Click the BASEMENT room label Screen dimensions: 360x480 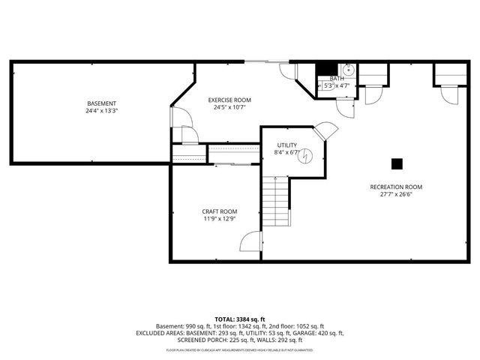(x=102, y=103)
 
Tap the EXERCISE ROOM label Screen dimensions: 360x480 (x=229, y=100)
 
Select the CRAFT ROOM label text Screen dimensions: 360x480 (x=220, y=211)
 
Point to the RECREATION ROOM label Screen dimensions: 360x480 (x=396, y=187)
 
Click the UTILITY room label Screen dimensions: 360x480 (x=286, y=145)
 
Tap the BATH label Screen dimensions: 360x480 (x=337, y=79)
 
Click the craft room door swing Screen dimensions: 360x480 (x=250, y=241)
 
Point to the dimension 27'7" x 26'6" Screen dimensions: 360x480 (x=396, y=194)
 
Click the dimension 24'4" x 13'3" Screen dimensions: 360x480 (x=102, y=110)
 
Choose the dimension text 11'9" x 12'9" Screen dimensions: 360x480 (x=220, y=219)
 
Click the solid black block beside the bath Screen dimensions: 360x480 (x=325, y=69)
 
